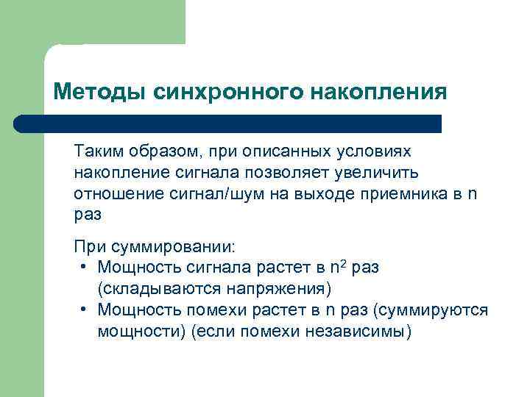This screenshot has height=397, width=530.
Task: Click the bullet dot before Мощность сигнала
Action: pyautogui.click(x=86, y=267)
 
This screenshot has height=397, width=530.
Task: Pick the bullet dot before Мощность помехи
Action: pyautogui.click(x=86, y=310)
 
